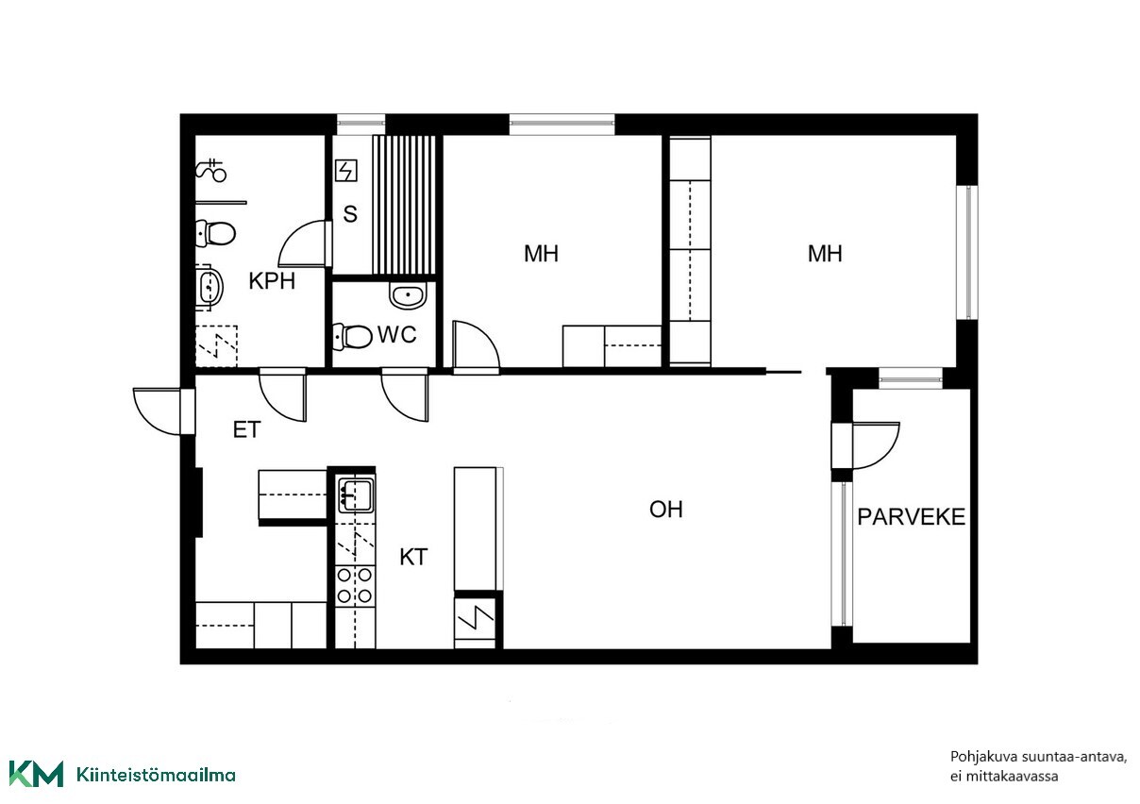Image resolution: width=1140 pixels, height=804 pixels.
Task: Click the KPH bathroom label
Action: [x=272, y=281]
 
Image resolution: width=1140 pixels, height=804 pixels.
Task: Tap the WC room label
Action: [x=397, y=335]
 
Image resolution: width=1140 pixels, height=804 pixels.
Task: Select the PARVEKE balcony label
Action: [x=911, y=517]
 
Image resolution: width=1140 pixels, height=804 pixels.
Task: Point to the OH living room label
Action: [x=665, y=510]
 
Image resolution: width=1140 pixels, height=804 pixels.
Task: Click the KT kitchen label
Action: [x=413, y=558]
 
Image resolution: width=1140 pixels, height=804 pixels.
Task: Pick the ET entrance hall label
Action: [x=247, y=430]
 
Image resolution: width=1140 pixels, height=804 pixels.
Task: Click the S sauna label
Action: [x=349, y=214]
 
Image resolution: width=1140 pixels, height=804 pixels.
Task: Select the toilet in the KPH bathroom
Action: [x=216, y=234]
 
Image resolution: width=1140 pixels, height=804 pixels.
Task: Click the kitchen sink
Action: [x=356, y=495]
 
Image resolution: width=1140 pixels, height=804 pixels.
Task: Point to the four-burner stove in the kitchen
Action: [x=355, y=585]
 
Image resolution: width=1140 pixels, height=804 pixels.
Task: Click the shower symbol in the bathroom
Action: [x=211, y=170]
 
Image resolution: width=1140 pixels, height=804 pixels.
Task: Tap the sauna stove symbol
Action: [x=346, y=171]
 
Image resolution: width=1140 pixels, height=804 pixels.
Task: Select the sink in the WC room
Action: [x=408, y=296]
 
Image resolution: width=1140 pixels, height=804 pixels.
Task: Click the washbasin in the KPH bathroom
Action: [x=210, y=288]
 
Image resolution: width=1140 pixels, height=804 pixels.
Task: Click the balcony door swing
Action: [x=876, y=445]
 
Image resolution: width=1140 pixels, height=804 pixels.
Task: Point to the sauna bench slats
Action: [x=404, y=205]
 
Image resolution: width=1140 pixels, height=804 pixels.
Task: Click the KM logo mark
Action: [x=36, y=775]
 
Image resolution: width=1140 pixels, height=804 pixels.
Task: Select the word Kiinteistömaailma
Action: [x=156, y=775]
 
